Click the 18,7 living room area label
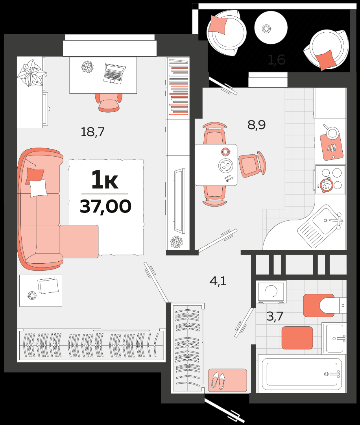coord(92,132)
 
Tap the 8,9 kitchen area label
coord(257,125)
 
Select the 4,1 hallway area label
coord(218,281)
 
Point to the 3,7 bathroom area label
coord(275,316)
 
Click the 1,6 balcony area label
coord(276,60)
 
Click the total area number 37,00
coord(105,207)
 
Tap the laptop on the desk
coord(114,73)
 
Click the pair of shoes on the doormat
coord(218,380)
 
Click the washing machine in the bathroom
coord(271,292)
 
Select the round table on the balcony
coord(271,28)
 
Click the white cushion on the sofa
coord(38,188)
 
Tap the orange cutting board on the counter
coord(331,146)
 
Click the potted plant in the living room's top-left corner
coord(31,73)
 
